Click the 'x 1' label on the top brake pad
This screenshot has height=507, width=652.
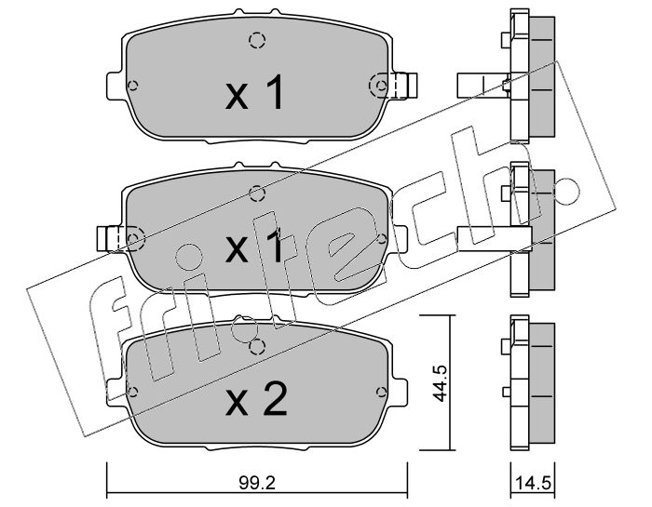tap(254, 93)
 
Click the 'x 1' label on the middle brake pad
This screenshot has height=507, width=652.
tap(254, 248)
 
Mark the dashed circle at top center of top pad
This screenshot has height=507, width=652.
tap(257, 40)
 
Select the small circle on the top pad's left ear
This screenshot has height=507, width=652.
tap(133, 87)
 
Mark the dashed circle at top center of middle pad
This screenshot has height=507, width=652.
tap(257, 193)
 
